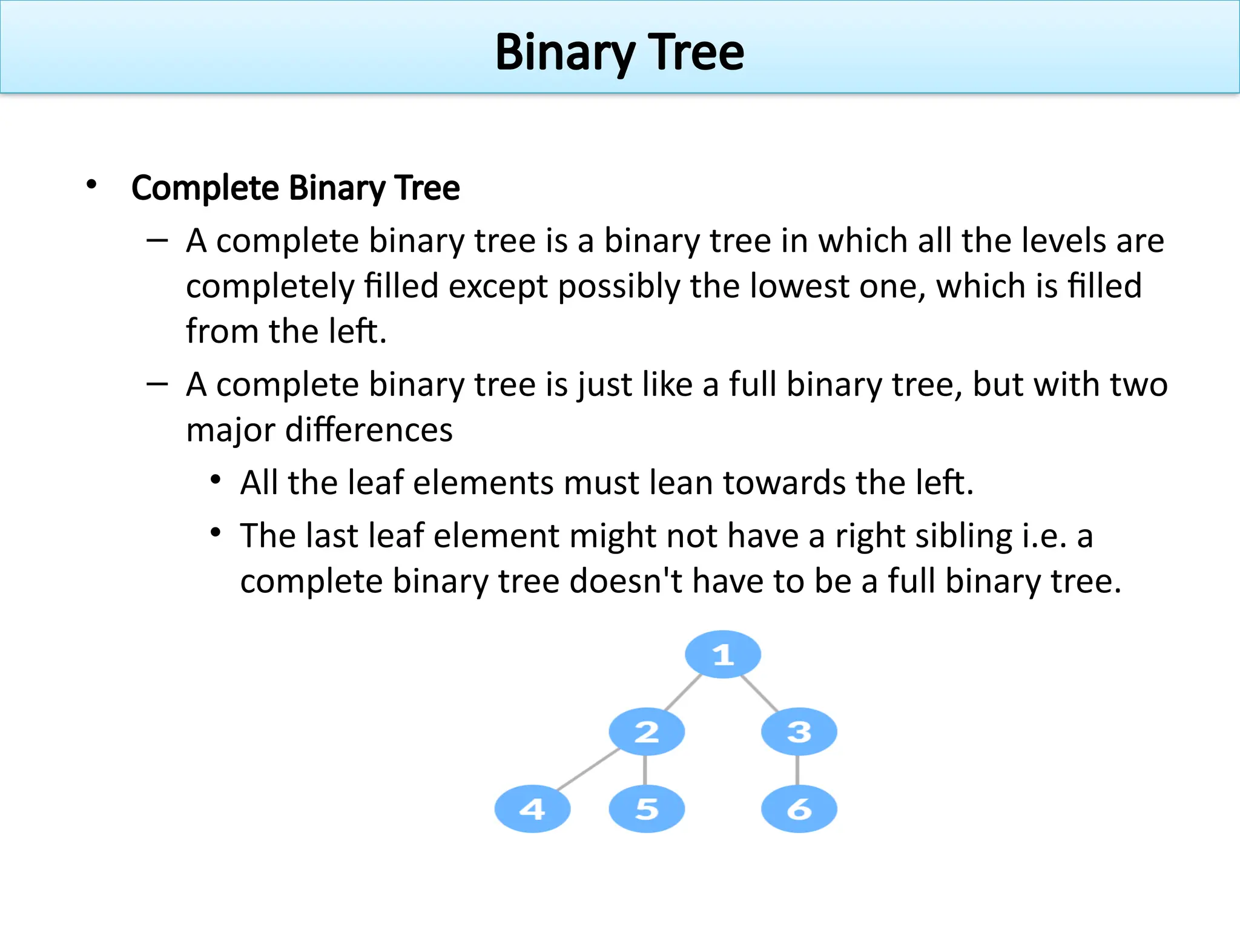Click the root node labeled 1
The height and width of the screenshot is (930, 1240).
[x=722, y=655]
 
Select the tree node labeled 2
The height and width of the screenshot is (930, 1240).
[x=647, y=731]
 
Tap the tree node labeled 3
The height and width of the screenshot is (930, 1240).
[x=799, y=731]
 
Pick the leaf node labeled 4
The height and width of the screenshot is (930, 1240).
[x=532, y=809]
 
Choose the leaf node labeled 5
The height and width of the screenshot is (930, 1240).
[x=647, y=809]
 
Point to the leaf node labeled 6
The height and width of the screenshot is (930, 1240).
[x=799, y=809]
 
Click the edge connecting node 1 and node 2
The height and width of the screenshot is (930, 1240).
[x=684, y=692]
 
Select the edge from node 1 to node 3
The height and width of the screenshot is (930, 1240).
[x=759, y=693]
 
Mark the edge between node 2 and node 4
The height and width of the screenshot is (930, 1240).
[x=588, y=770]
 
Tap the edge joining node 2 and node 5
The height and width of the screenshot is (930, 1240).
[x=645, y=770]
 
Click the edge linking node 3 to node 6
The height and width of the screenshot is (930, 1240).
[x=797, y=770]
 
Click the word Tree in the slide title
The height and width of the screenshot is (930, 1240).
[x=696, y=53]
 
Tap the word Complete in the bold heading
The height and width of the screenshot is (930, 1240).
[x=205, y=188]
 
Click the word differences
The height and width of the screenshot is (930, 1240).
[x=369, y=430]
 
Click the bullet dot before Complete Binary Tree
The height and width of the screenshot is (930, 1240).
[x=91, y=185]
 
